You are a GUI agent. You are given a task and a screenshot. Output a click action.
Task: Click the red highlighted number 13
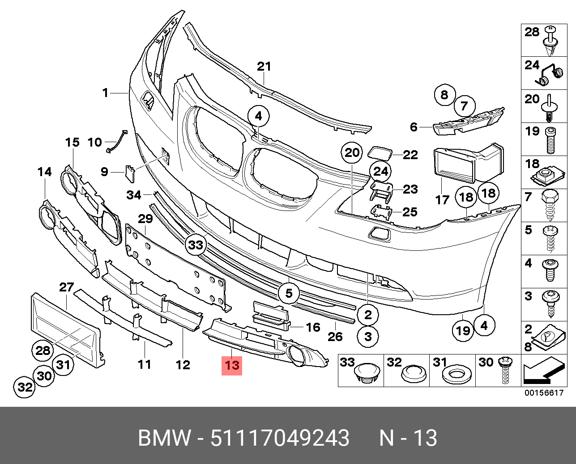coord(232,365)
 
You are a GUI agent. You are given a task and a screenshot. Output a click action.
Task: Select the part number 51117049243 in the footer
coord(280,438)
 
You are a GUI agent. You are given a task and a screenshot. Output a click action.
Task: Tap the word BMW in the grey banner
coord(164,438)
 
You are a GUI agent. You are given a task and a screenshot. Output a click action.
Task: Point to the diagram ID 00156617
coord(543,393)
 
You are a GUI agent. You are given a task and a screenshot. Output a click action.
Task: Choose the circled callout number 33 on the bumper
coord(196,245)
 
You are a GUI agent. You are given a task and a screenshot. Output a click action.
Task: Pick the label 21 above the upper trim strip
coord(264,67)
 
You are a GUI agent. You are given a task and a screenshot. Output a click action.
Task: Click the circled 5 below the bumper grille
coord(289,293)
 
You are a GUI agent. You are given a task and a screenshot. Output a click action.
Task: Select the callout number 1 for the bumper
coord(105,93)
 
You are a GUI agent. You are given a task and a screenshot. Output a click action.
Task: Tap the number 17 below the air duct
coord(442,199)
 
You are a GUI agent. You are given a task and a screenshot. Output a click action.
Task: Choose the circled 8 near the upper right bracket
coord(444,95)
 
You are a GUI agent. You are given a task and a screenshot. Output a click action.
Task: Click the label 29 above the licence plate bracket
coord(145,219)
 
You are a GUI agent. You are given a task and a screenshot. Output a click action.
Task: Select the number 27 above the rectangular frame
coord(66,287)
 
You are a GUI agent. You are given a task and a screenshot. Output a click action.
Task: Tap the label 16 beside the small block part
coord(313,327)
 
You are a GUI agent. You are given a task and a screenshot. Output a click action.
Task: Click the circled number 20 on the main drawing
coord(352,153)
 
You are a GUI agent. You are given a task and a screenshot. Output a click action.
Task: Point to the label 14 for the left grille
coord(44,172)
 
